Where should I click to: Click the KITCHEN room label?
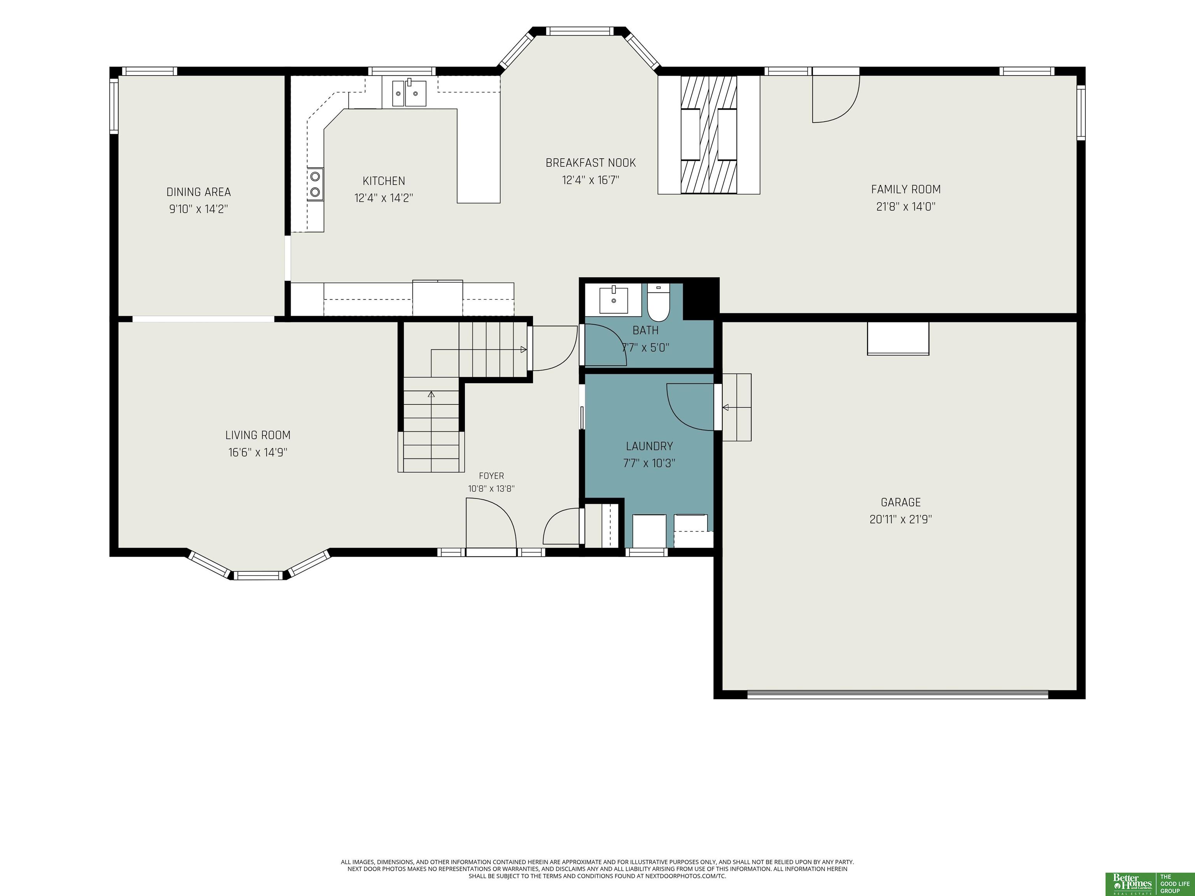coord(384,181)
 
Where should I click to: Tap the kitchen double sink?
coord(409,93)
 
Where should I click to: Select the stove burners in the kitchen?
coord(315,184)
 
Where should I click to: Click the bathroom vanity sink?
coord(614,300)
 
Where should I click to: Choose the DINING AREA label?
coord(198,192)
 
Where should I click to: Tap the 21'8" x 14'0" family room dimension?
coord(906,206)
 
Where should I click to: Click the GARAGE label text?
coord(901,502)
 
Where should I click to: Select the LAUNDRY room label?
coord(649,446)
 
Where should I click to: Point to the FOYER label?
coord(491,476)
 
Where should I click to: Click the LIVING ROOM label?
coord(258,435)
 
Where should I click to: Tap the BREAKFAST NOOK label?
coord(590,163)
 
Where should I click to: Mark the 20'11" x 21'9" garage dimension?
coord(901,520)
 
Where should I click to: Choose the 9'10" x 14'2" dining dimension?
coord(198,209)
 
